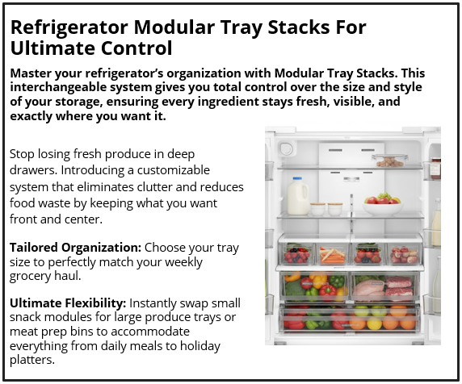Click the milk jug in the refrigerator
pos(298,196)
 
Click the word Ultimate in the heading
pos(49,48)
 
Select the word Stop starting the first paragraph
pos(25,153)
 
